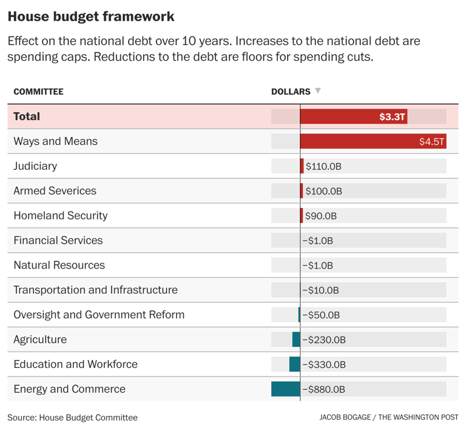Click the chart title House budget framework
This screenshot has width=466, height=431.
pyautogui.click(x=91, y=16)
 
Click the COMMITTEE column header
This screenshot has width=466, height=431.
pyautogui.click(x=38, y=92)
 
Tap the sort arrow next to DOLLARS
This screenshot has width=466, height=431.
pyautogui.click(x=318, y=91)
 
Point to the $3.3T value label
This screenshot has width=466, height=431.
pyautogui.click(x=392, y=117)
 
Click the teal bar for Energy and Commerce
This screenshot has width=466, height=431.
pyautogui.click(x=286, y=389)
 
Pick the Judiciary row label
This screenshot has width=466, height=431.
pyautogui.click(x=35, y=166)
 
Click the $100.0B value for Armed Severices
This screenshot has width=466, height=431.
pyautogui.click(x=324, y=191)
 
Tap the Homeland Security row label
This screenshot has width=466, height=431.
pyautogui.click(x=60, y=216)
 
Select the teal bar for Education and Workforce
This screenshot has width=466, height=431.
pyautogui.click(x=295, y=364)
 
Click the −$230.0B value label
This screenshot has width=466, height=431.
pyautogui.click(x=324, y=340)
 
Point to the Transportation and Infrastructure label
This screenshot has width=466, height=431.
pyautogui.click(x=95, y=290)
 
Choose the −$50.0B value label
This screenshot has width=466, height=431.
pyautogui.click(x=321, y=315)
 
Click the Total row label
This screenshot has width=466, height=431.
pyautogui.click(x=27, y=116)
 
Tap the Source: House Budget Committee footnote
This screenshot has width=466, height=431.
pyautogui.click(x=72, y=418)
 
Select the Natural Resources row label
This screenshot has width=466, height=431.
pyautogui.click(x=59, y=266)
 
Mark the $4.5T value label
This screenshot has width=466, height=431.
pyautogui.click(x=431, y=142)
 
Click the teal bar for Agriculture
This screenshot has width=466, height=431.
pyautogui.click(x=296, y=339)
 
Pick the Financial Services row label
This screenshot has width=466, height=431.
pyautogui.click(x=58, y=241)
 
